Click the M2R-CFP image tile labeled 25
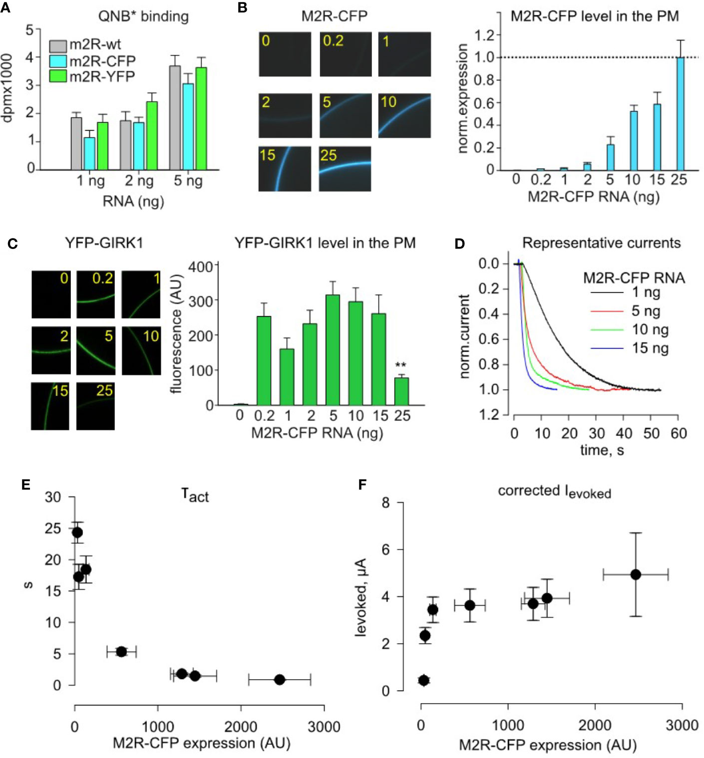point(345,169)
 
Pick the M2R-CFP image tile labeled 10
point(404,115)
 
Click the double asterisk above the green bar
point(400,365)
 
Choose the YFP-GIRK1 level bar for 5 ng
point(333,350)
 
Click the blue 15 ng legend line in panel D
point(607,348)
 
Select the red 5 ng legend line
point(607,311)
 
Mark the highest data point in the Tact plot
point(77,532)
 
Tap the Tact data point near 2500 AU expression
point(280,680)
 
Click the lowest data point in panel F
point(424,680)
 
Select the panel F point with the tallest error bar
point(636,575)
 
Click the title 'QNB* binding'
point(143,16)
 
